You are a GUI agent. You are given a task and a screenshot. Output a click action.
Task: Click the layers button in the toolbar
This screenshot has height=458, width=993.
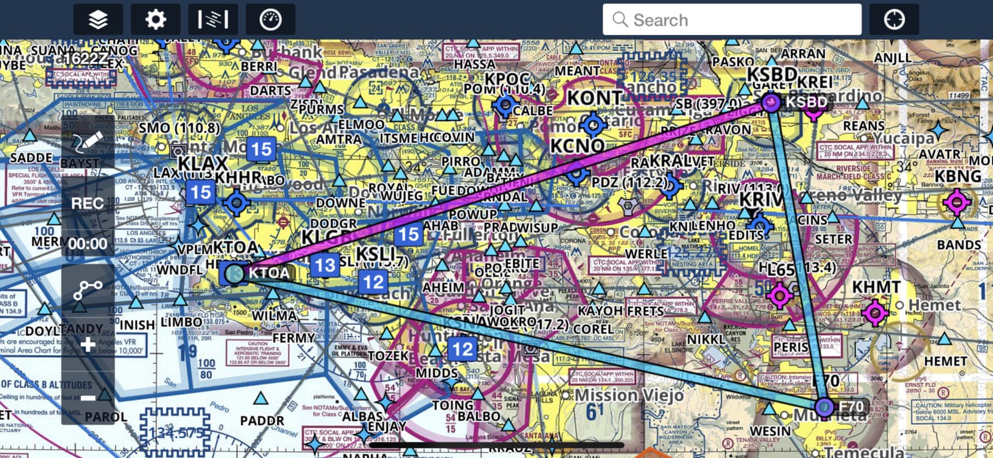(x=98, y=19)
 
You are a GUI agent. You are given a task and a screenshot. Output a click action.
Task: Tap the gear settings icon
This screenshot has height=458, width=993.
(x=156, y=19)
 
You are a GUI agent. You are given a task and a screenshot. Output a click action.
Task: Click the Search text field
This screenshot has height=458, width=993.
(x=732, y=19)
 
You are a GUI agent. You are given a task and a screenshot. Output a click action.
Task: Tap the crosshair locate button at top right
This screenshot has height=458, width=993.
(x=894, y=19)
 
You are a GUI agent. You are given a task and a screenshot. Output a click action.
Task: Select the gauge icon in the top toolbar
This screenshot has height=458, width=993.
(x=270, y=19)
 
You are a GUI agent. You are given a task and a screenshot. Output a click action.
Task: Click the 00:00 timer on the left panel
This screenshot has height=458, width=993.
(x=88, y=244)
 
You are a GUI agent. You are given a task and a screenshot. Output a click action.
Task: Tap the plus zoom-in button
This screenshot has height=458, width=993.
(x=88, y=344)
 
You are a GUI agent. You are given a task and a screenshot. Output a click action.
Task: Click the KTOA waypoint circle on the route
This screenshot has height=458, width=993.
(x=235, y=273)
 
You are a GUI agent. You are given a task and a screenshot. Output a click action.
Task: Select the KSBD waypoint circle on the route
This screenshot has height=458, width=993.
(x=771, y=102)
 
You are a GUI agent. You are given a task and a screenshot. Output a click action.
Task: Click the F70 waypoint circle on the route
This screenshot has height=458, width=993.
(x=824, y=407)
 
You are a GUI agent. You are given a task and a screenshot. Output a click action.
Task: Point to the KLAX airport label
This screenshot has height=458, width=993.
(x=204, y=163)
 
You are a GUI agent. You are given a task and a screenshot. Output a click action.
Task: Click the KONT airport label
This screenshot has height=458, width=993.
(x=594, y=98)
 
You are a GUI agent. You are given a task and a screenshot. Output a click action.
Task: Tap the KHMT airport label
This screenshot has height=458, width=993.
(x=876, y=287)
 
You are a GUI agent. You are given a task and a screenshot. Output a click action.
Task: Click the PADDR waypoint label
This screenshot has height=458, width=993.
(x=262, y=421)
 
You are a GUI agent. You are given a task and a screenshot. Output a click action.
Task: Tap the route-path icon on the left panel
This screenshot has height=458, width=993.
(x=88, y=290)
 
